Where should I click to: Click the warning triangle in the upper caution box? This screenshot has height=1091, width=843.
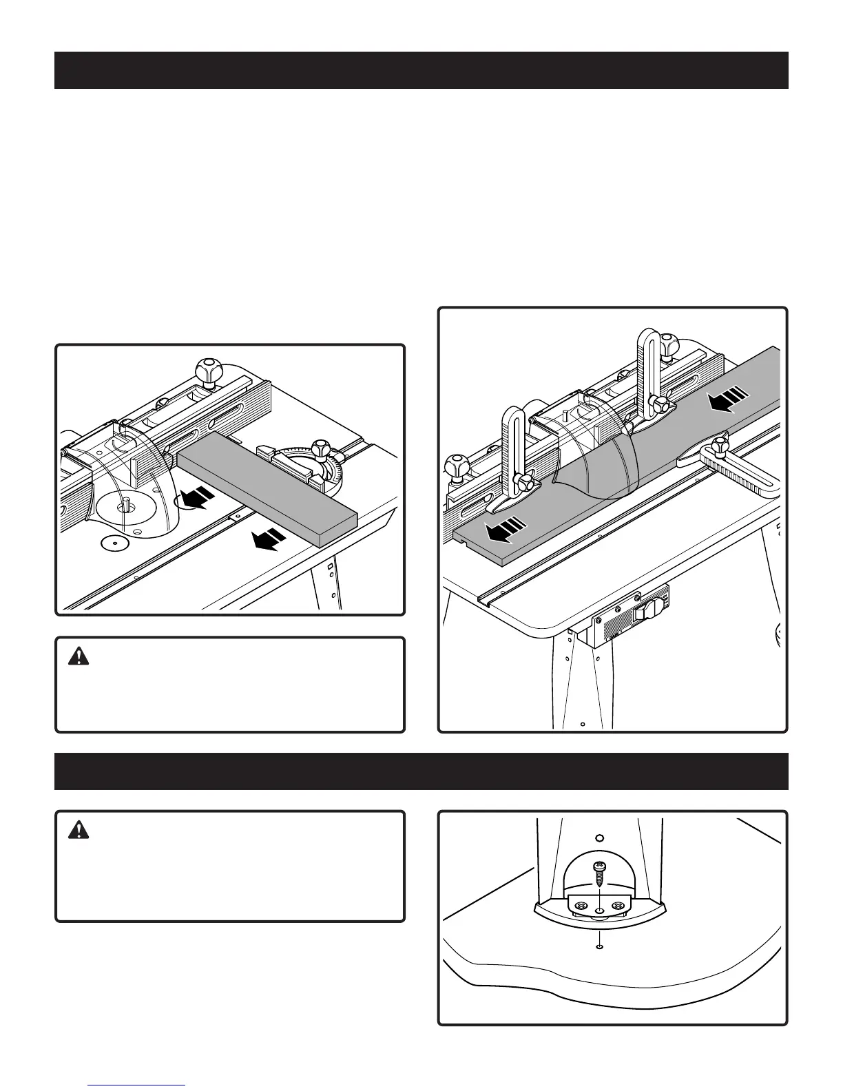coord(80,656)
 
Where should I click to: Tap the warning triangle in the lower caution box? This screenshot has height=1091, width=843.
coord(80,830)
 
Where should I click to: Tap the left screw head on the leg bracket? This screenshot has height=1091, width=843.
coord(579,905)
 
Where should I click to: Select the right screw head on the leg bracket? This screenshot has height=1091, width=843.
coord(617,905)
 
